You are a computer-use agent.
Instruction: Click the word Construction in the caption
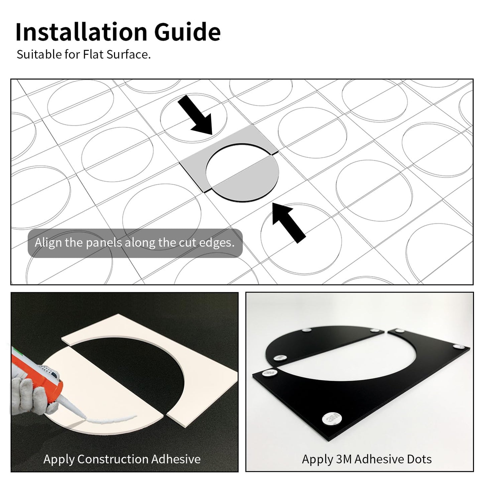113,459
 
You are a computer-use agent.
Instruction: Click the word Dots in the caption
419,459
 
